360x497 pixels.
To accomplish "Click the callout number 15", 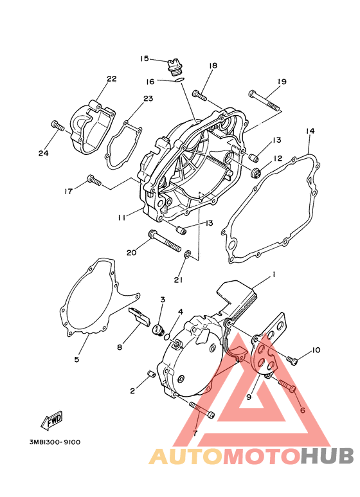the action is (x=145, y=59).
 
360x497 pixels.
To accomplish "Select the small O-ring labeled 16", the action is (x=179, y=80).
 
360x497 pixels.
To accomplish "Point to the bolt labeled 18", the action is (x=199, y=95).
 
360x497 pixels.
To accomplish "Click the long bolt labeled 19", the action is (x=264, y=100).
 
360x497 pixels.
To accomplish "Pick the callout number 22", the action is (x=112, y=78).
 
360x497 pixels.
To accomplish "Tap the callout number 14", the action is (x=310, y=131).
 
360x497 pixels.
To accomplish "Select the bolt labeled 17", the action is (x=94, y=180).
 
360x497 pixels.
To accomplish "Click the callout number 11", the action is (x=122, y=217).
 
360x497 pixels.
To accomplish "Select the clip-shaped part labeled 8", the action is (x=140, y=317).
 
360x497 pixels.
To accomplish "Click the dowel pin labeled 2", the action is (x=151, y=374).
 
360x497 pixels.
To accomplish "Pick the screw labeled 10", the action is (x=292, y=360).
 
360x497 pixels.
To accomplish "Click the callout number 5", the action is (x=76, y=359).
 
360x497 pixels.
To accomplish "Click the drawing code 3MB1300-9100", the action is (x=55, y=442).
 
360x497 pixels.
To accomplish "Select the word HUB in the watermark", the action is (x=327, y=457).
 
